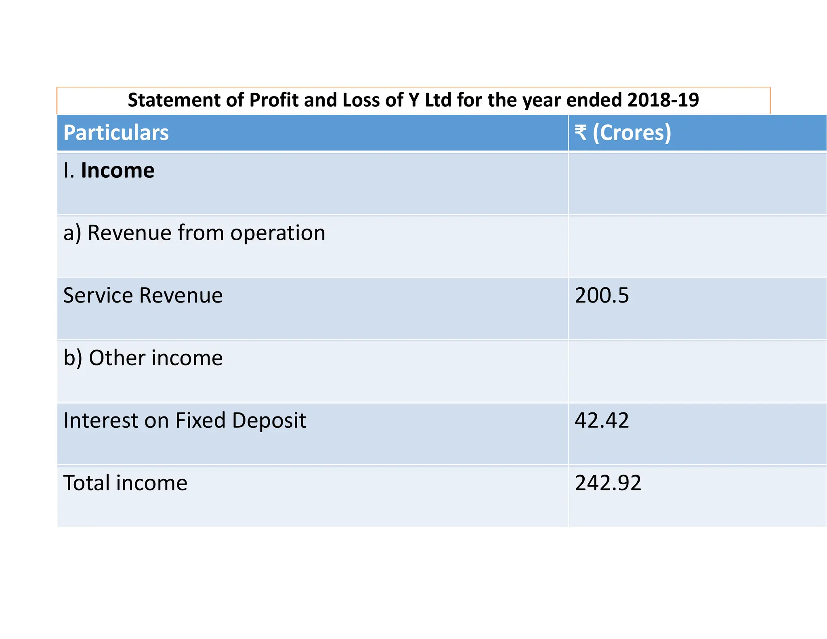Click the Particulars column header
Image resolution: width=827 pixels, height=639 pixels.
pos(116,133)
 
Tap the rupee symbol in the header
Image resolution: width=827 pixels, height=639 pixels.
pos(581,132)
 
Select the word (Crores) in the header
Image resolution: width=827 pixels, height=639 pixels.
pos(632,133)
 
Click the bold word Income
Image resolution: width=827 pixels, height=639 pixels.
pos(118,170)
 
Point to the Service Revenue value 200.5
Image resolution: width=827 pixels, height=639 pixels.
pos(602,295)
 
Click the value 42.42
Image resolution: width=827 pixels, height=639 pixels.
pos(602,420)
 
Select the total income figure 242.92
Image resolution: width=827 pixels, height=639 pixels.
pos(608,483)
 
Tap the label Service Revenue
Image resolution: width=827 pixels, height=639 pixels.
pos(143,295)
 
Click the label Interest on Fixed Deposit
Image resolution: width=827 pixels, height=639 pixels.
pos(185,420)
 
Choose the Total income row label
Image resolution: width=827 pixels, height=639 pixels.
pos(125,483)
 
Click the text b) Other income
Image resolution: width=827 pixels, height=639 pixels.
pos(143,358)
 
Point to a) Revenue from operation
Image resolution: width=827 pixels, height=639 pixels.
pos(194,233)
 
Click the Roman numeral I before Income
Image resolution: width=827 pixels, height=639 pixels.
pos(66,170)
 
